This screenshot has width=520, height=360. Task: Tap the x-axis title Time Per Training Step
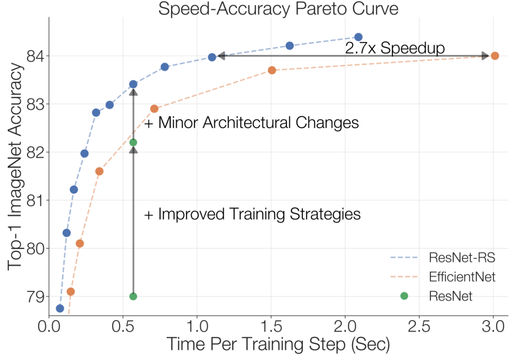(x=278, y=344)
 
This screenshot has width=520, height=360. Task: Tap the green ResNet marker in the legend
(x=404, y=296)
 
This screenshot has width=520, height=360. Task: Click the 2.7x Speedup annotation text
(x=395, y=48)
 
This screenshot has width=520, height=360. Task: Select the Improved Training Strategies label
(x=252, y=214)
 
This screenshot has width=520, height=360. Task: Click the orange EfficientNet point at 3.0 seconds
(x=494, y=56)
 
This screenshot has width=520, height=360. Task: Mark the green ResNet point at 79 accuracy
(x=133, y=296)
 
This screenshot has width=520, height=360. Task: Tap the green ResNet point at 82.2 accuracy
(x=133, y=142)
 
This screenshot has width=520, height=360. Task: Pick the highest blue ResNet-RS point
(x=358, y=37)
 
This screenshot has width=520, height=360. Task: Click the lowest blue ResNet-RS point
(x=60, y=308)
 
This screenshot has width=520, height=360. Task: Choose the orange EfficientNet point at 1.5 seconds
(x=272, y=70)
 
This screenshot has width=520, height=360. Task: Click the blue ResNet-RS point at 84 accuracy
(x=212, y=57)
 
